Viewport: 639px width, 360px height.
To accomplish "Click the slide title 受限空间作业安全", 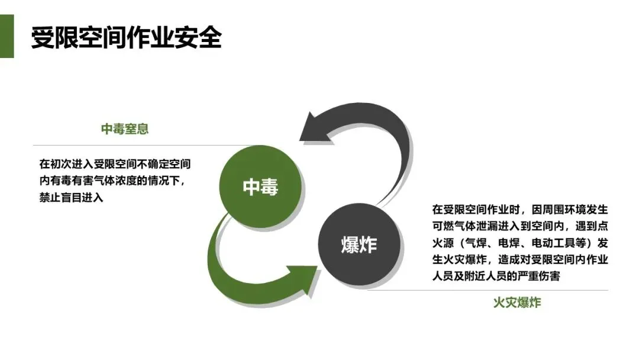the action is [126, 37].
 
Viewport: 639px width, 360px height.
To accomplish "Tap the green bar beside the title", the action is [7, 37].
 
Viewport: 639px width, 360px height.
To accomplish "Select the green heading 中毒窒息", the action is [125, 129].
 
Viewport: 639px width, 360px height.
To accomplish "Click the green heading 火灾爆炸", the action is [517, 303].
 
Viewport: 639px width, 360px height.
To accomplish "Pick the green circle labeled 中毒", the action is [260, 187].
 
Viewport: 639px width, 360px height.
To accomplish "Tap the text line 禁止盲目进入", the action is [72, 198].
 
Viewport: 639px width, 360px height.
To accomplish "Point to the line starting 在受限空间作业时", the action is [520, 210].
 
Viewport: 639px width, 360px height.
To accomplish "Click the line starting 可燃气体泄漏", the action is [520, 226].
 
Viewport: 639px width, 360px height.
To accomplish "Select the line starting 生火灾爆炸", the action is [520, 259].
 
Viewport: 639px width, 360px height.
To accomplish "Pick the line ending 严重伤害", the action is [496, 276].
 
